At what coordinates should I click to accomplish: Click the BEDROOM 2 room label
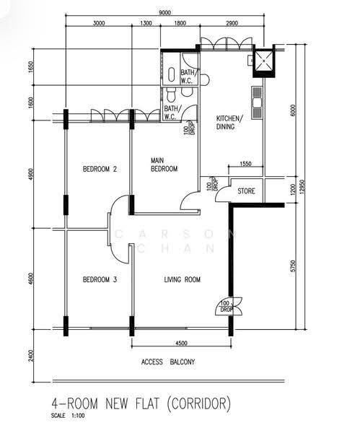pyautogui.click(x=100, y=169)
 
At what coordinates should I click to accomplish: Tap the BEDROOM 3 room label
pyautogui.click(x=100, y=279)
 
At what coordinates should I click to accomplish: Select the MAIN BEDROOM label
pyautogui.click(x=164, y=165)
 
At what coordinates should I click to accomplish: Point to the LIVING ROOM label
pyautogui.click(x=183, y=279)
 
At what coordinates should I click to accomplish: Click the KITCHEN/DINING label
pyautogui.click(x=229, y=123)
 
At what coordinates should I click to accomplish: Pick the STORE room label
pyautogui.click(x=246, y=191)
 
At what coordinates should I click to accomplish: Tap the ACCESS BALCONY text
pyautogui.click(x=168, y=362)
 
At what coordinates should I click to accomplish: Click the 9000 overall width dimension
pyautogui.click(x=164, y=13)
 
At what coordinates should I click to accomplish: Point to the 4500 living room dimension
pyautogui.click(x=181, y=343)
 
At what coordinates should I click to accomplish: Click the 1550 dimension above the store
pyautogui.click(x=245, y=164)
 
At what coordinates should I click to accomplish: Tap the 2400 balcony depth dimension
pyautogui.click(x=30, y=356)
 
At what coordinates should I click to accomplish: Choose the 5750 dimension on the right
pyautogui.click(x=293, y=266)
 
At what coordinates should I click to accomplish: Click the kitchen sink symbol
pyautogui.click(x=257, y=103)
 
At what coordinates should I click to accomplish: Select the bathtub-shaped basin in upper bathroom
pyautogui.click(x=172, y=74)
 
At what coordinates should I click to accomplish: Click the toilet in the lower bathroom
pyautogui.click(x=171, y=95)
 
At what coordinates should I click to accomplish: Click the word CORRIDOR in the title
pyautogui.click(x=199, y=403)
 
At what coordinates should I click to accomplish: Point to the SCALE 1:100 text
pyautogui.click(x=68, y=416)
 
